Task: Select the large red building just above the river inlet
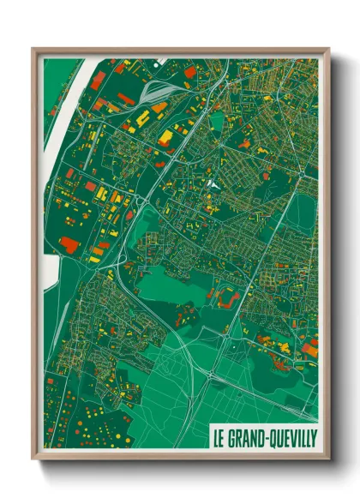(x=68, y=245)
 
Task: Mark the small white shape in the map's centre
(x=213, y=183)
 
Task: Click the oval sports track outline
(x=228, y=297)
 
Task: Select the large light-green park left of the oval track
(x=171, y=283)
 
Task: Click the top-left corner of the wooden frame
(x=33, y=50)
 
